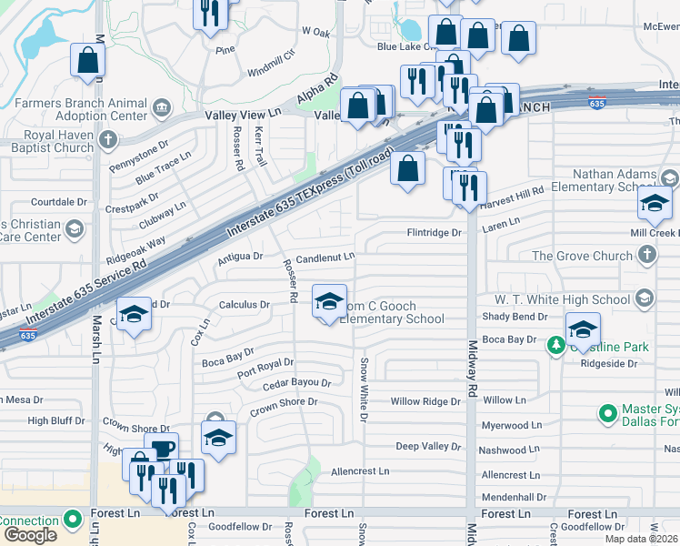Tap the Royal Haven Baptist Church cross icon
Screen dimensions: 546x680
click(108, 140)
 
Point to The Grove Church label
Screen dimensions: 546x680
click(581, 256)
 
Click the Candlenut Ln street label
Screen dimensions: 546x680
click(325, 258)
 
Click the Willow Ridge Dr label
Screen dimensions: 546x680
click(426, 401)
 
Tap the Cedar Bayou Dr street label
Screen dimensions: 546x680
click(296, 384)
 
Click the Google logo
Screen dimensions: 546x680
click(29, 535)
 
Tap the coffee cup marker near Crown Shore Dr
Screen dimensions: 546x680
click(161, 449)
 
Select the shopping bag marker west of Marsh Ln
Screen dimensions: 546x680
click(88, 60)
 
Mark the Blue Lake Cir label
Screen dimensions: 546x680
click(402, 46)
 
